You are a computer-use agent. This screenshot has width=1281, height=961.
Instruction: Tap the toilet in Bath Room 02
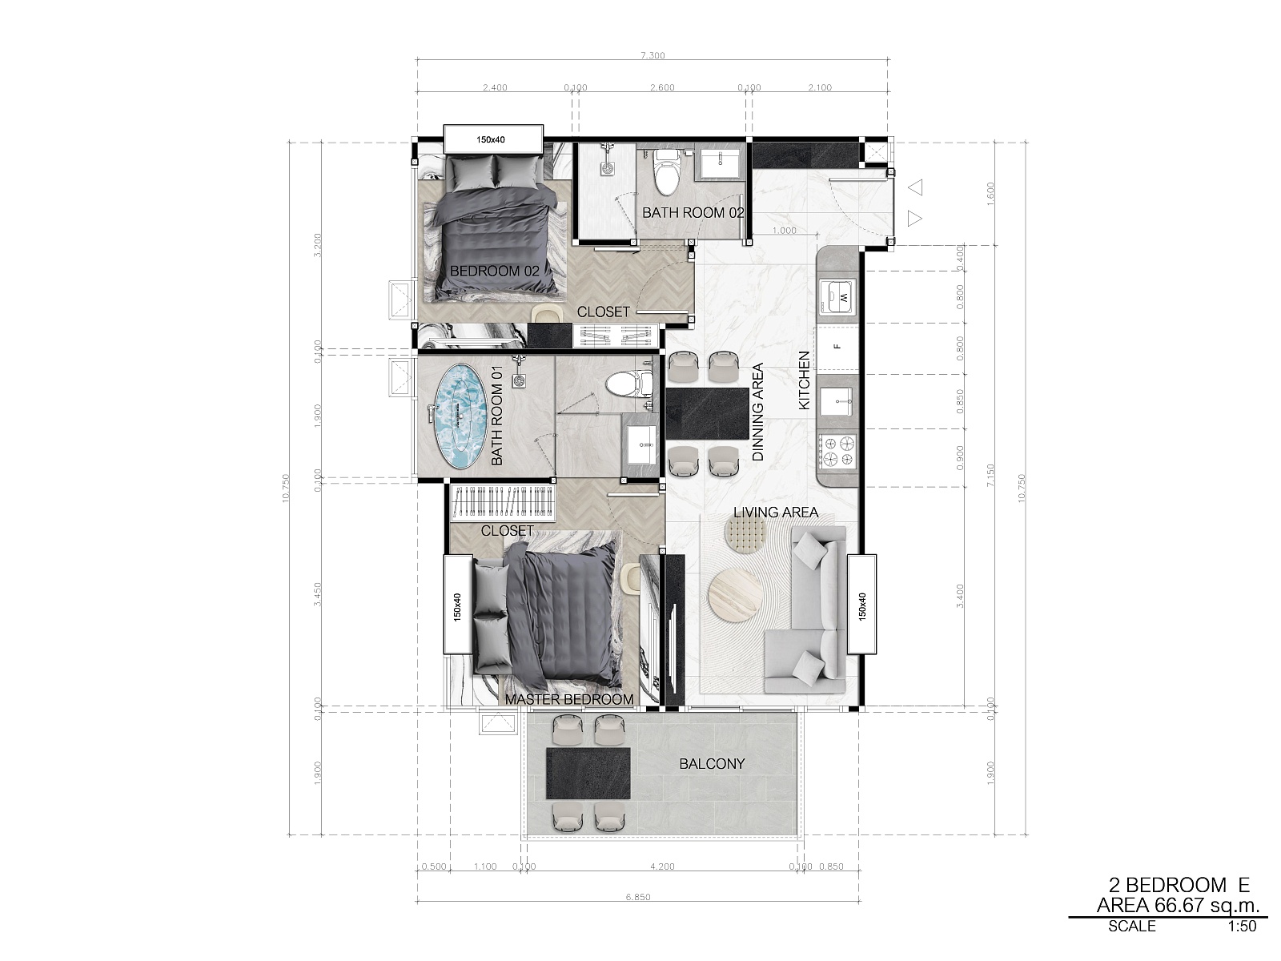[x=666, y=172]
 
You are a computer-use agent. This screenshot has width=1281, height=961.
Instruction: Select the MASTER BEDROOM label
[x=569, y=700]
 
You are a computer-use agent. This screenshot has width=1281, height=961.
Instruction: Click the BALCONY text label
[x=712, y=764]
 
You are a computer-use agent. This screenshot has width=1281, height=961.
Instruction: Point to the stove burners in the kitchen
[x=837, y=452]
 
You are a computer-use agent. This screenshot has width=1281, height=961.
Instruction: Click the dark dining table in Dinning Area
[x=707, y=413]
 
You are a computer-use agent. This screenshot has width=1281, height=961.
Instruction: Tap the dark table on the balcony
[x=588, y=774]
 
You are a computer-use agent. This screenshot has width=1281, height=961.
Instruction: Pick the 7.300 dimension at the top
[x=653, y=55]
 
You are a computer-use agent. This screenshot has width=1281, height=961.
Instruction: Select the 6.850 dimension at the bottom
[x=638, y=897]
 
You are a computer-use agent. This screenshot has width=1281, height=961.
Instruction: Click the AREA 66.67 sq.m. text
[x=1179, y=905]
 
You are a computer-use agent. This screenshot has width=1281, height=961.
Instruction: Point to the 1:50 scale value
[x=1242, y=926]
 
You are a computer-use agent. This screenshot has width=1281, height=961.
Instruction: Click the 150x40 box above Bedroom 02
[x=493, y=139]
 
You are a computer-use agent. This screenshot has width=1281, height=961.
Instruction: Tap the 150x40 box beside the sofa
[x=862, y=604]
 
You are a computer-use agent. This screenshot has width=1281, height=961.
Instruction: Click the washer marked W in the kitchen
[x=837, y=297]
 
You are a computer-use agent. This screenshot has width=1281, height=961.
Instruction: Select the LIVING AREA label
[x=776, y=513]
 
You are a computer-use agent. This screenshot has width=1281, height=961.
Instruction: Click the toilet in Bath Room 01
[x=628, y=384]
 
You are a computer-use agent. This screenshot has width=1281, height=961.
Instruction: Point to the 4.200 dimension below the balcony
[x=662, y=867]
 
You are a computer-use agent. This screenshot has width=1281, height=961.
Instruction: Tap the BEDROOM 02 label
[x=494, y=271]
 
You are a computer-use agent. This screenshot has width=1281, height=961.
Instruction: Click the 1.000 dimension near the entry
[x=784, y=231]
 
